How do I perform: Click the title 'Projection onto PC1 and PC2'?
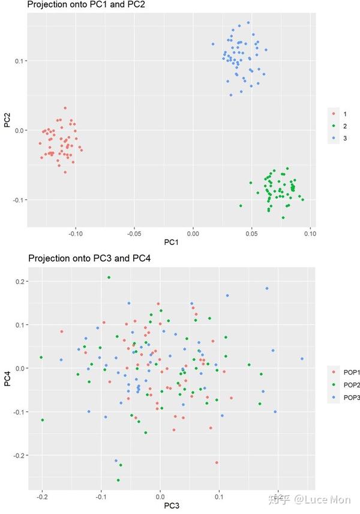(86, 5)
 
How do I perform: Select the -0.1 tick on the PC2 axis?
(18, 200)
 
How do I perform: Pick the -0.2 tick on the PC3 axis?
(42, 497)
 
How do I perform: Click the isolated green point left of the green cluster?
(241, 205)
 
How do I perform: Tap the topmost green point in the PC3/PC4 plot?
(109, 277)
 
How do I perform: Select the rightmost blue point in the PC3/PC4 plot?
(302, 359)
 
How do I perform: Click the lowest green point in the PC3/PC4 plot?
(118, 480)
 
